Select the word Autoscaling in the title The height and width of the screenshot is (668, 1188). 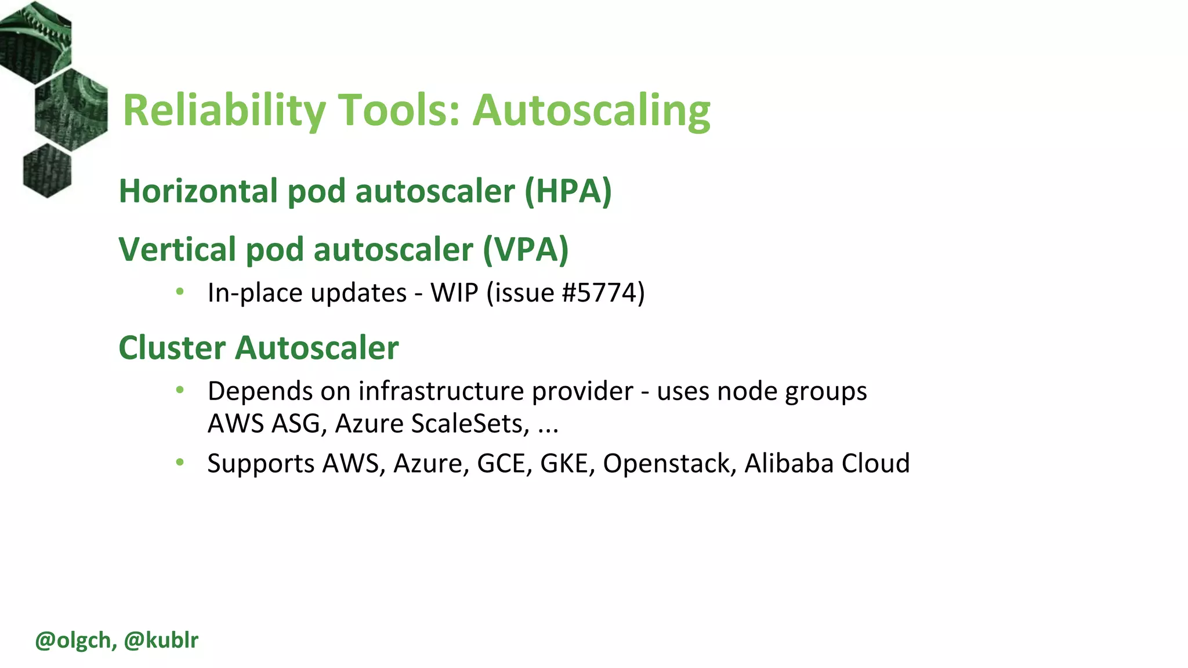pyautogui.click(x=591, y=110)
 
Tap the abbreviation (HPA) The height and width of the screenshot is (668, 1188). pyautogui.click(x=568, y=191)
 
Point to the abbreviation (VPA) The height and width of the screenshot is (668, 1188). pyautogui.click(x=526, y=249)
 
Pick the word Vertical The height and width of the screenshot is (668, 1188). pyautogui.click(x=177, y=249)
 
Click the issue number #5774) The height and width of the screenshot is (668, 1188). pyautogui.click(x=603, y=293)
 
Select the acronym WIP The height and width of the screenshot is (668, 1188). pyautogui.click(x=454, y=293)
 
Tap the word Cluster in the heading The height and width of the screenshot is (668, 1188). pyautogui.click(x=172, y=348)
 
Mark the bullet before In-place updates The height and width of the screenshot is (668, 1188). pyautogui.click(x=180, y=292)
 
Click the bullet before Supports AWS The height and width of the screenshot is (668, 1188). pyautogui.click(x=180, y=462)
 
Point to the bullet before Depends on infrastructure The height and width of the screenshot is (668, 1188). pyautogui.click(x=180, y=390)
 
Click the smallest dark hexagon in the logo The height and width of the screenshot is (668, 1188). pyautogui.click(x=47, y=170)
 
